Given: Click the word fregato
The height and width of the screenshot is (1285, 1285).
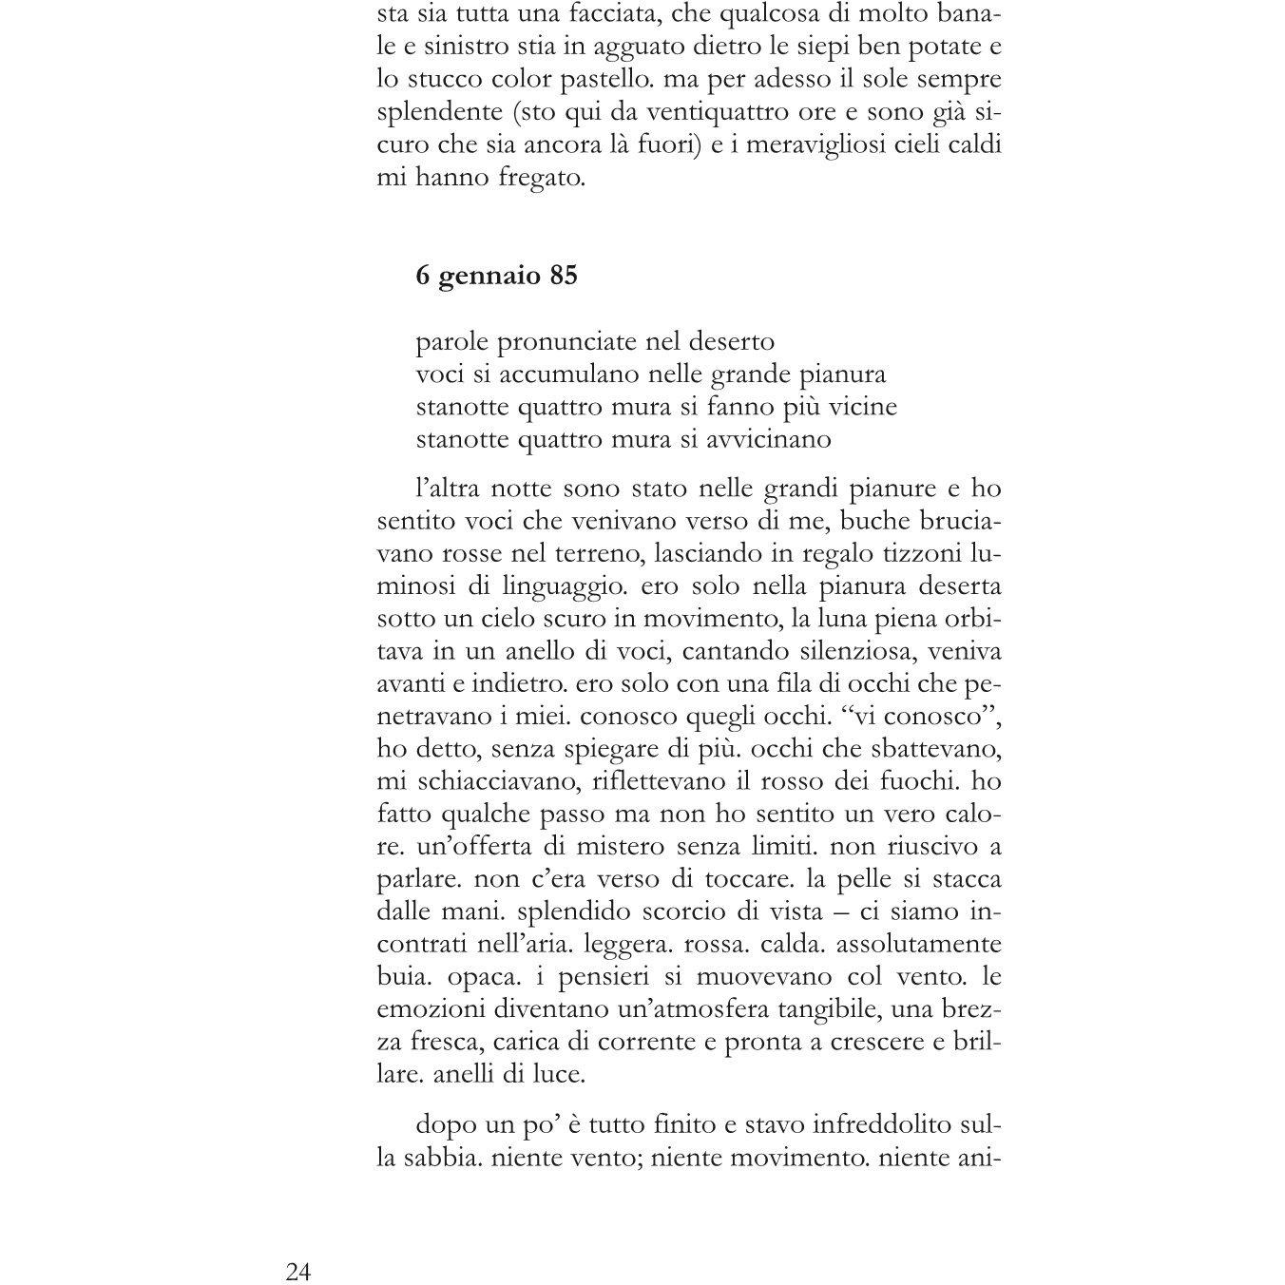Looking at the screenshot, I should coord(542,178).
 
